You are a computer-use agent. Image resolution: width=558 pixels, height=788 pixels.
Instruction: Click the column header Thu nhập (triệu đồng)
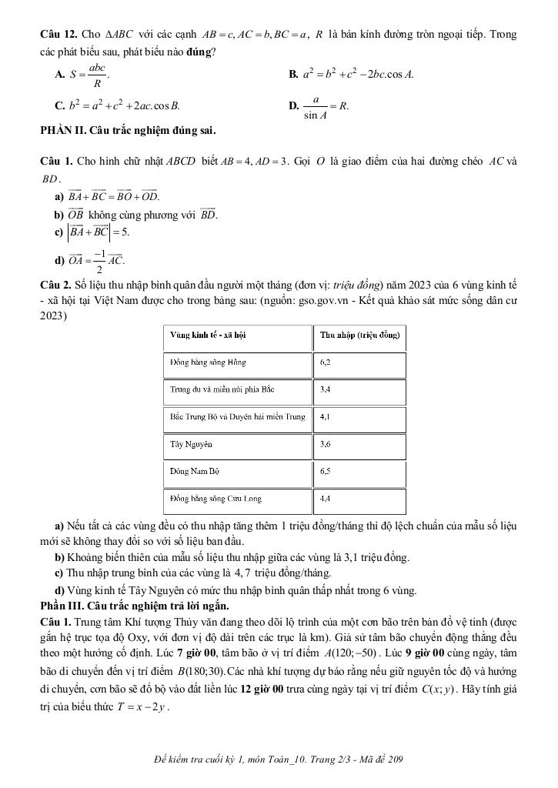click(x=359, y=335)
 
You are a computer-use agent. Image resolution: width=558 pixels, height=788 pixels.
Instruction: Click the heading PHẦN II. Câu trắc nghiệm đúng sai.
click(x=128, y=130)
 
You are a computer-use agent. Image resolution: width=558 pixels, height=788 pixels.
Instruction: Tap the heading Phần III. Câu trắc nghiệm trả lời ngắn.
click(x=132, y=603)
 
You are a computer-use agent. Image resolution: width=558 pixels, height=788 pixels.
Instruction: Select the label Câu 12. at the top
click(x=55, y=35)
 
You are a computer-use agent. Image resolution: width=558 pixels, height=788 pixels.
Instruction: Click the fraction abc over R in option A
click(x=97, y=75)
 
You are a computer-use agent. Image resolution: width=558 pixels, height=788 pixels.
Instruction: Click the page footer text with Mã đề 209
click(x=279, y=760)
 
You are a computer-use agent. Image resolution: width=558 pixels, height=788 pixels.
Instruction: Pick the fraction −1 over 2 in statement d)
click(x=99, y=262)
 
